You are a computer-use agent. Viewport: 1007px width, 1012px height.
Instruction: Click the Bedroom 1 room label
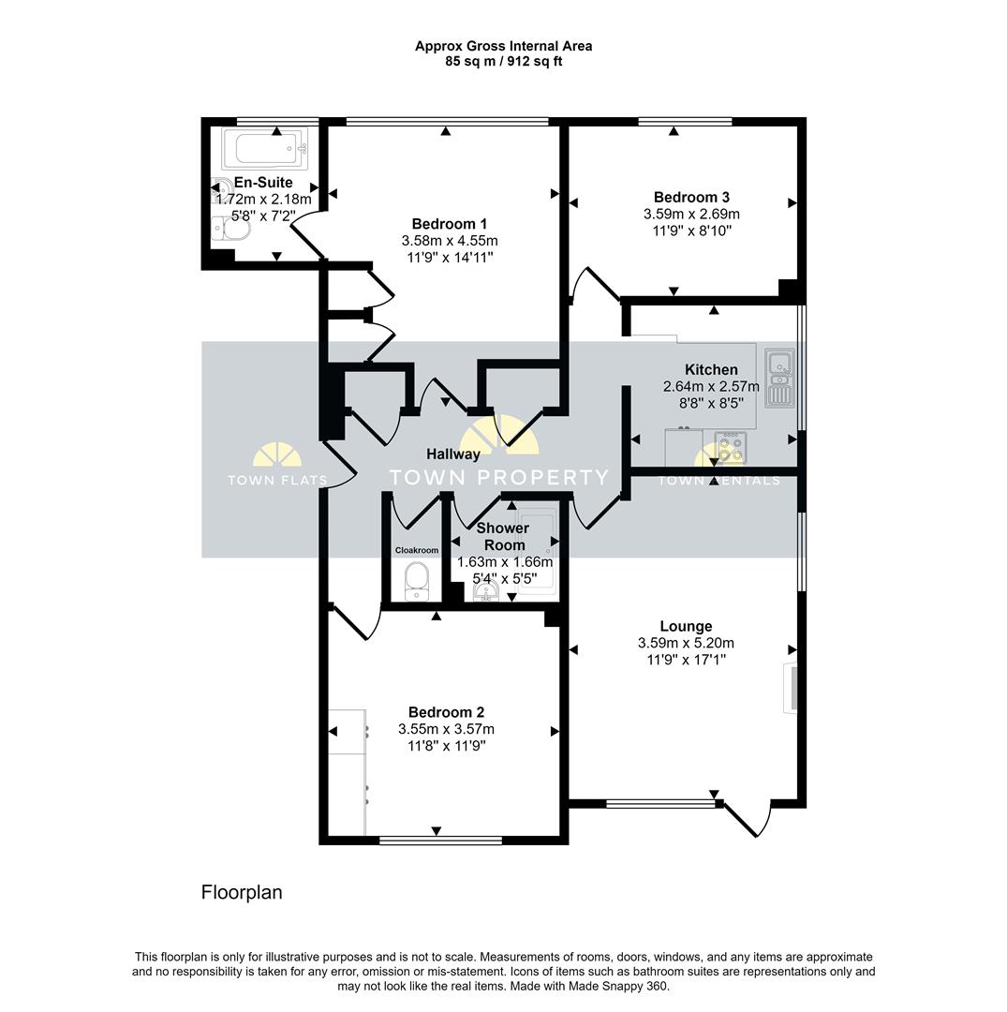[x=449, y=224]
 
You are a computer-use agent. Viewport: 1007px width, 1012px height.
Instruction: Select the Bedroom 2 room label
[x=446, y=712]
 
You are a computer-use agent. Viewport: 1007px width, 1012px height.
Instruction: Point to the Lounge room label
[x=686, y=626]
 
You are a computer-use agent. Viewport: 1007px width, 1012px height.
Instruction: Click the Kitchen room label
[x=711, y=370]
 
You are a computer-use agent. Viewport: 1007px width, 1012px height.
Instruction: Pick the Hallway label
[x=453, y=454]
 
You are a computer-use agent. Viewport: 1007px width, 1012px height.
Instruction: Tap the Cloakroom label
[x=416, y=550]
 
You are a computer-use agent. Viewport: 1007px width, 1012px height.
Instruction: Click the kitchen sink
[x=778, y=378]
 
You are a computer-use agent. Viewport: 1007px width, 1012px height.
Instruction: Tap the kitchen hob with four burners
[x=731, y=446]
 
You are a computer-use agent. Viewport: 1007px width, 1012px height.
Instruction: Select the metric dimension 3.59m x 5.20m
[x=686, y=643]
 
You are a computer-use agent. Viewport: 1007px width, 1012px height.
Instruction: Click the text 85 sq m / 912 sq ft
[x=504, y=62]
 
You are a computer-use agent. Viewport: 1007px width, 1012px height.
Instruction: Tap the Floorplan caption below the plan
[x=242, y=892]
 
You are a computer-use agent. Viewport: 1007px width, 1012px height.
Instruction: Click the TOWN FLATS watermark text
[x=277, y=481]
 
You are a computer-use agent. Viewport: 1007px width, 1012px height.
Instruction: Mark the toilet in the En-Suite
[x=230, y=229]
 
